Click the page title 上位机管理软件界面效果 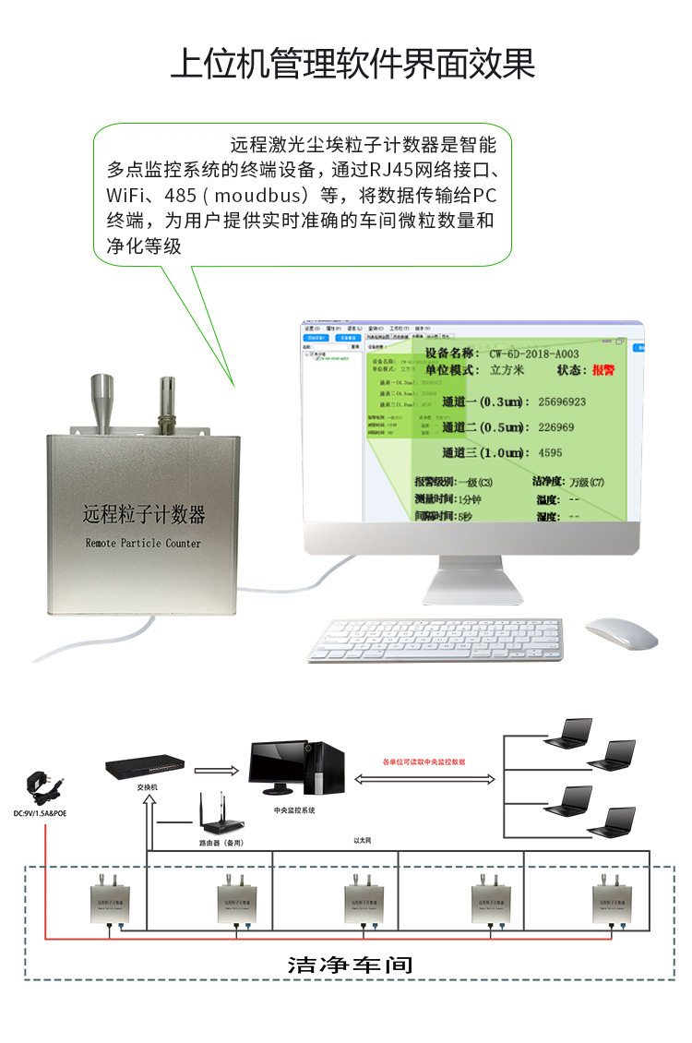click(353, 64)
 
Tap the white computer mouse click(621, 632)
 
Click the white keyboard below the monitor click(434, 639)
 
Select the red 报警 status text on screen click(603, 370)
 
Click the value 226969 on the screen click(555, 427)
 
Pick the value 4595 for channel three click(550, 453)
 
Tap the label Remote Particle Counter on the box click(143, 543)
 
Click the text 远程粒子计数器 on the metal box click(144, 514)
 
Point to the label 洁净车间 click(350, 965)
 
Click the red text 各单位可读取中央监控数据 click(424, 762)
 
